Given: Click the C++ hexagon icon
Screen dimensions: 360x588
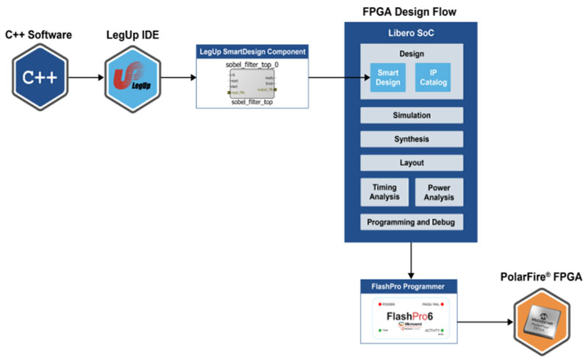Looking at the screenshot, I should coord(40,76).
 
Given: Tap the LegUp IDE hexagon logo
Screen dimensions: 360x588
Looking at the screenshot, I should coord(133,76).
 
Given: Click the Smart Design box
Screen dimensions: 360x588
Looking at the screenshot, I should coord(387,78).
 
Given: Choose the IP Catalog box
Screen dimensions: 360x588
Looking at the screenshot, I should coord(432,78).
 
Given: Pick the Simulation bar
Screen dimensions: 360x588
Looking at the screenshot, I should coord(412,115).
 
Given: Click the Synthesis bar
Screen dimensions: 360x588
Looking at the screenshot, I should coord(412,139).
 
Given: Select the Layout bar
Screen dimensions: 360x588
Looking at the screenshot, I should coord(412,162).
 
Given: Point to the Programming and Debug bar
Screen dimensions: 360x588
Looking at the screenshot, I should coord(412,221).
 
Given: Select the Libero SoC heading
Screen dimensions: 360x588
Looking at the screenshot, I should coord(412,33).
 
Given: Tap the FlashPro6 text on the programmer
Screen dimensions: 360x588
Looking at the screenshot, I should coord(411,317).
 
